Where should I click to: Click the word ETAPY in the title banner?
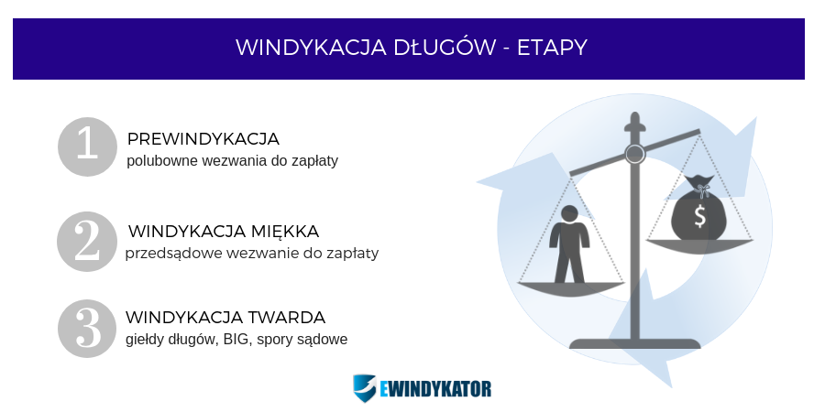[x=552, y=48]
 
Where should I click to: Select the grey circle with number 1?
[x=87, y=146]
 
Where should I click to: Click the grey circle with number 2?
[x=87, y=241]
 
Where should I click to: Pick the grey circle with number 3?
[x=87, y=329]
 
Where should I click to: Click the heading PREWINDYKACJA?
[x=203, y=139]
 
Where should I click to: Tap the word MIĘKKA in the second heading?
[x=285, y=231]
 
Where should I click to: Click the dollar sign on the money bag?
[x=699, y=216]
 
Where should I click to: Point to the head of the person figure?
[x=570, y=214]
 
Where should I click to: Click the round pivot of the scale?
[x=635, y=154]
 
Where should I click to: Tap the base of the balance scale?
[x=635, y=343]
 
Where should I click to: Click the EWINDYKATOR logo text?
[x=435, y=389]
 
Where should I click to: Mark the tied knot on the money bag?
[x=701, y=189]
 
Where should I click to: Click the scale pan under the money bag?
[x=699, y=245]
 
